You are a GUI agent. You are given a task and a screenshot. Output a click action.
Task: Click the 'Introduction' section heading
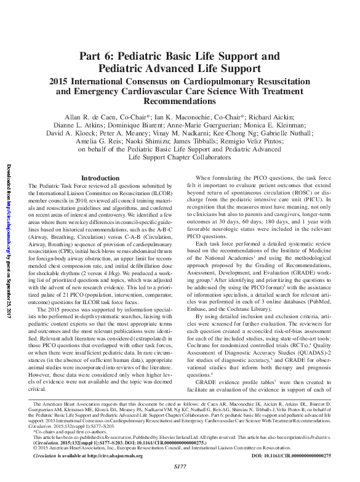coord(100,178)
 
